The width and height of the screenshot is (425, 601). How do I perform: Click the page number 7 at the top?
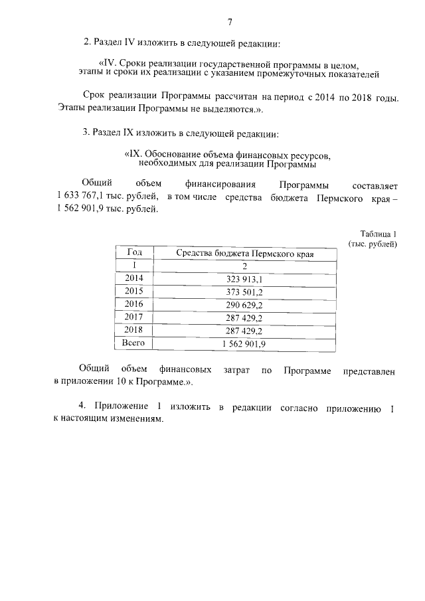coord(230,22)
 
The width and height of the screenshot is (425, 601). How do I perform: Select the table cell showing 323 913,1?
coord(244,280)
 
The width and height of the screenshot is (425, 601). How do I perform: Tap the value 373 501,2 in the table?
coord(244,292)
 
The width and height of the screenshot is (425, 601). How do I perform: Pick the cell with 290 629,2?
coord(244,305)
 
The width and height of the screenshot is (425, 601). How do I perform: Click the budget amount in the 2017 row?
coord(244,317)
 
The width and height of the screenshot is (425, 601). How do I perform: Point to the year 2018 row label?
coord(133,330)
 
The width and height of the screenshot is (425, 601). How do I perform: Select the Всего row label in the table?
coord(133,343)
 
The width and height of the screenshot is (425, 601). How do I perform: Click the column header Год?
coord(133,253)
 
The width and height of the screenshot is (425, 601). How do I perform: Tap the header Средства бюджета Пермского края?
coord(244,254)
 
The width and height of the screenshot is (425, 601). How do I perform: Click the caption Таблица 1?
coord(378,234)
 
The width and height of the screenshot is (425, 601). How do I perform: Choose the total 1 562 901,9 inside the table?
coord(244,343)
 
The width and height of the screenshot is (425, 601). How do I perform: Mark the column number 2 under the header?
coord(244,266)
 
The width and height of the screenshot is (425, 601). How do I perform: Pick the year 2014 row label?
coord(133,279)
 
